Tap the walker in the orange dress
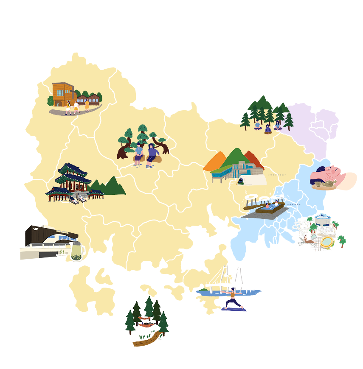tap(87, 105)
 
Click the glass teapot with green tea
tap(76, 252)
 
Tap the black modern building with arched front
tap(47, 238)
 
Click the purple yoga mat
tap(234, 309)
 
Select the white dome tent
tap(254, 179)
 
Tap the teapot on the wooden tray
tap(328, 183)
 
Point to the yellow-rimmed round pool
tap(326, 242)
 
